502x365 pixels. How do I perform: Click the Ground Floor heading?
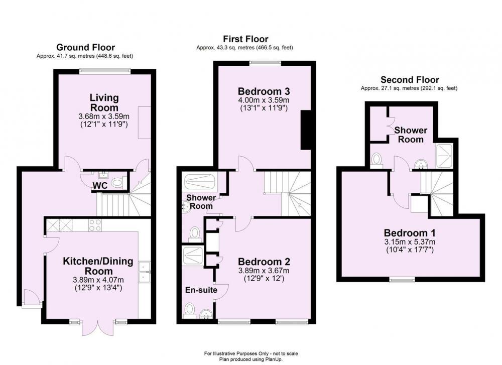(85, 47)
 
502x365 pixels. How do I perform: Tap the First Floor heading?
(245, 39)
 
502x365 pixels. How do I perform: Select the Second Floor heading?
(410, 80)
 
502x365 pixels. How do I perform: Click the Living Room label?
(104, 102)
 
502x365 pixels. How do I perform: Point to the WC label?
(100, 185)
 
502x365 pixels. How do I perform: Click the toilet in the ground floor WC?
(118, 183)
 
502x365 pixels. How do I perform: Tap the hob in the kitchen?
(95, 225)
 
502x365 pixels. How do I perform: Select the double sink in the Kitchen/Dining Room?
(145, 272)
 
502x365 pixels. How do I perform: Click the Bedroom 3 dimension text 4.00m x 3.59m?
(264, 100)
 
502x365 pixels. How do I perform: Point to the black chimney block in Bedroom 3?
(306, 130)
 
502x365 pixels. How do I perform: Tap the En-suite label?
(201, 290)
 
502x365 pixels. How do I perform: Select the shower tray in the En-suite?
(193, 256)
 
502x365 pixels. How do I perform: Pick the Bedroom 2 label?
(264, 262)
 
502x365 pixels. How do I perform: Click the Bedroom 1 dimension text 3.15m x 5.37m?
(410, 242)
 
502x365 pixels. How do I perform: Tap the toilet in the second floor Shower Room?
(376, 160)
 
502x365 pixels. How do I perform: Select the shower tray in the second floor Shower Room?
(444, 156)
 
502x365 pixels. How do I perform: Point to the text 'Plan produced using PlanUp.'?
(251, 359)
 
